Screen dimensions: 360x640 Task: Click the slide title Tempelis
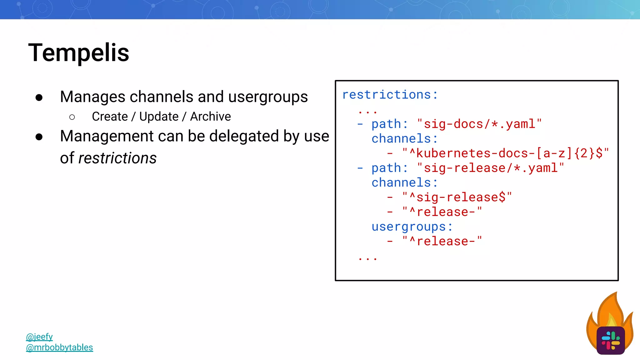[x=78, y=53]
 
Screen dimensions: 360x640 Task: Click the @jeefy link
[x=39, y=337]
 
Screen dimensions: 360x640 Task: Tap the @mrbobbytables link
[x=59, y=347]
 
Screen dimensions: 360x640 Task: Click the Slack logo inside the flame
[x=610, y=340]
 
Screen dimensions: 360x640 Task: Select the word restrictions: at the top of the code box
[x=390, y=95]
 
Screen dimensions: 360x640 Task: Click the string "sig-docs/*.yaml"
[x=479, y=124]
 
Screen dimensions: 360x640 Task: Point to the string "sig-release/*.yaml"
[x=490, y=168]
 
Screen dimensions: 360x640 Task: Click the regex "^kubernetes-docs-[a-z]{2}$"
[x=505, y=153]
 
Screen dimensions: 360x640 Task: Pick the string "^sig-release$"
[x=457, y=197]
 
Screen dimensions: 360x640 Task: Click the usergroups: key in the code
[x=412, y=227]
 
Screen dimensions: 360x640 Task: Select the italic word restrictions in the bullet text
[x=117, y=158]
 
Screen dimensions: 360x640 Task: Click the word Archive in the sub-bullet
[x=210, y=117]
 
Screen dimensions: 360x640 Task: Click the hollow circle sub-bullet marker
[x=72, y=117]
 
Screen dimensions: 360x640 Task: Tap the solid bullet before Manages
[x=39, y=98]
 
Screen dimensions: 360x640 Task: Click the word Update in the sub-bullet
[x=159, y=117]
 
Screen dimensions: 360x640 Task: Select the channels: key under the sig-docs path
[x=404, y=139]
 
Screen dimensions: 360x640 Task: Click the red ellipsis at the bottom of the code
[x=368, y=258]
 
